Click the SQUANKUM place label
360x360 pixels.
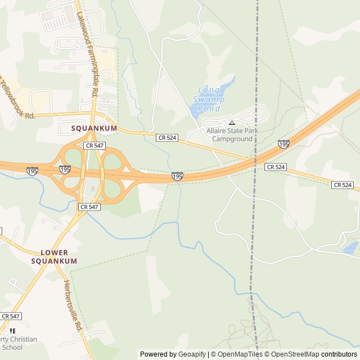click(x=94, y=128)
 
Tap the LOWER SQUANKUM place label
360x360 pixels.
click(x=54, y=257)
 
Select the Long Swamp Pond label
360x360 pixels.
click(x=209, y=99)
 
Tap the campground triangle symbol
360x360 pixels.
click(x=231, y=122)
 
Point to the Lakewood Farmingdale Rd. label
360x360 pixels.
click(x=88, y=55)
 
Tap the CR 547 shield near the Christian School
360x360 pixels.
click(x=11, y=316)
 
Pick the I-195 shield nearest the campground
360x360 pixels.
click(x=283, y=145)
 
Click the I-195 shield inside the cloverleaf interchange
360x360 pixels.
click(x=65, y=169)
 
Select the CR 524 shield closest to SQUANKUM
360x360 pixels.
click(x=167, y=137)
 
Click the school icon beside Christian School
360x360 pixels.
click(x=12, y=331)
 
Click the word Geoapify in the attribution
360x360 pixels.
click(x=193, y=354)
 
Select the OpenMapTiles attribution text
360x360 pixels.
click(x=237, y=354)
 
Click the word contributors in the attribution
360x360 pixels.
click(x=339, y=354)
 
